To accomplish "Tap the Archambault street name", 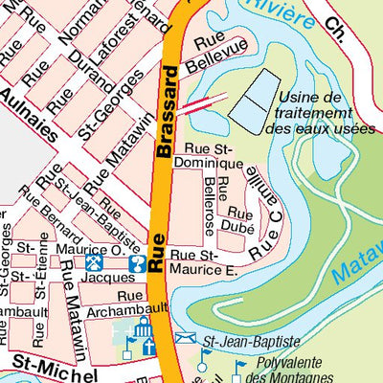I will [126, 309].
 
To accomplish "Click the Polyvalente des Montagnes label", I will [294, 372].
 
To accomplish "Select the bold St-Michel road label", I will [52, 362].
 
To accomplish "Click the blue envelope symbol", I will [185, 339].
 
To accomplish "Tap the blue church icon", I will [144, 330].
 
